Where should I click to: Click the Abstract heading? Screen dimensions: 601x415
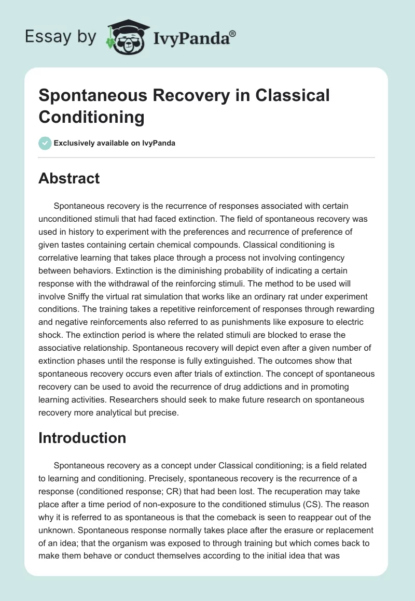tap(69, 179)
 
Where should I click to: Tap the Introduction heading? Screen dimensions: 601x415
tap(82, 438)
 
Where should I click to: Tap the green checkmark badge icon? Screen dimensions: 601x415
tap(45, 143)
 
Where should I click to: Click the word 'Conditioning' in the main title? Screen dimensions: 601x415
tap(91, 117)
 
